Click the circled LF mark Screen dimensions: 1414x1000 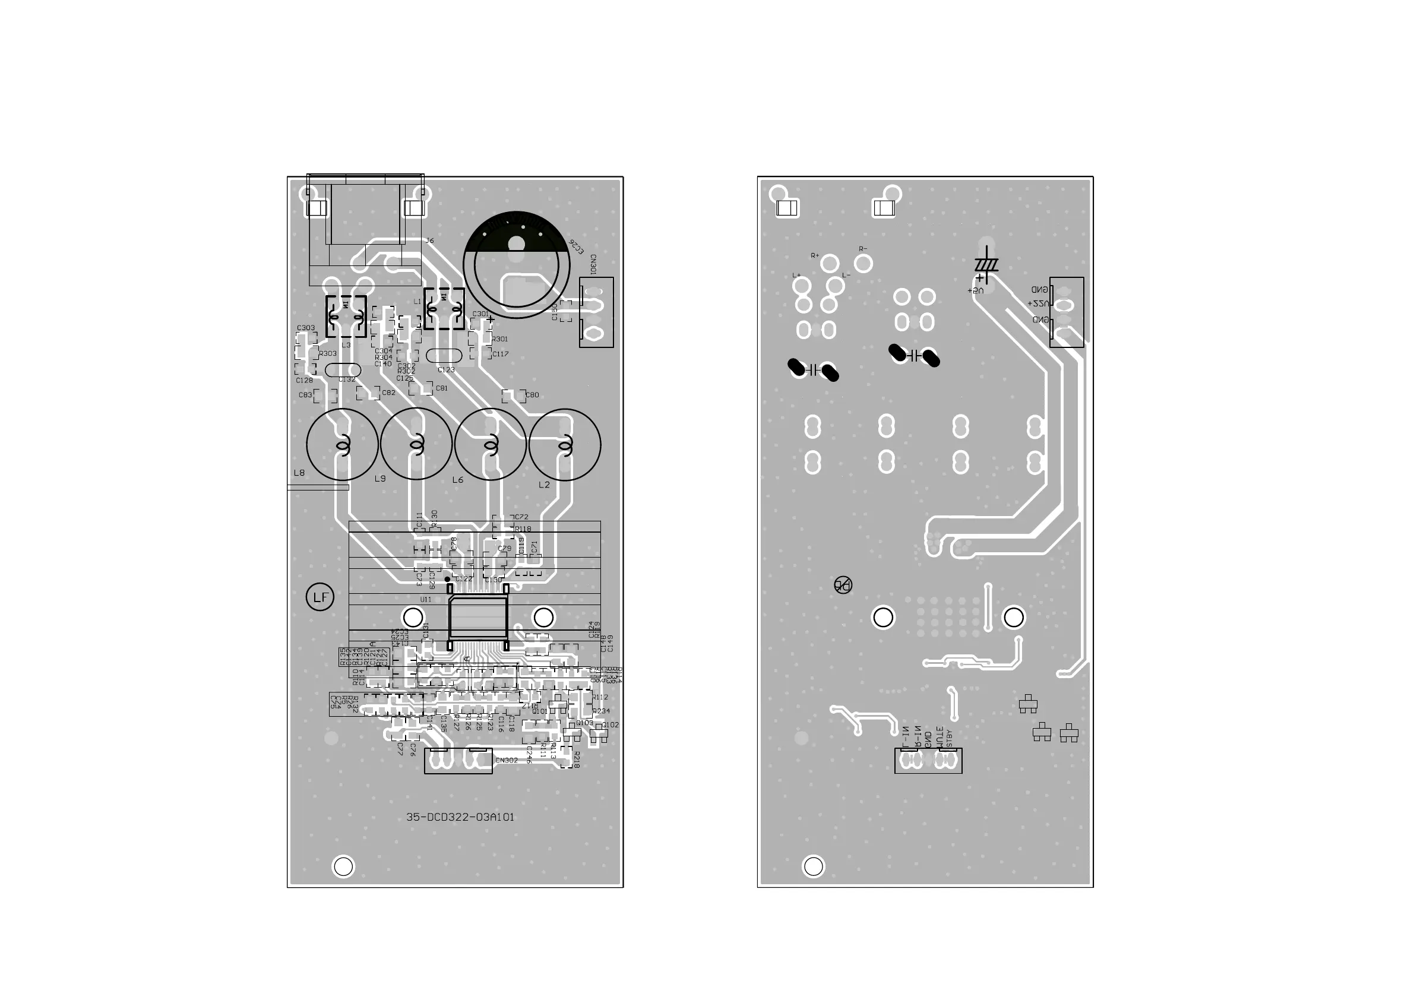pyautogui.click(x=320, y=597)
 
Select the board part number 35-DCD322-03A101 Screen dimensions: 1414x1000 pyautogui.click(x=460, y=817)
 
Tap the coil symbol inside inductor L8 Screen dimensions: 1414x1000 pyautogui.click(x=343, y=445)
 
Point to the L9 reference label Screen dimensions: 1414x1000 pyautogui.click(x=380, y=479)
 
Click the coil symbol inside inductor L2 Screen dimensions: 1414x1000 pyautogui.click(x=565, y=445)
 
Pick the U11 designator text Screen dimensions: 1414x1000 pyautogui.click(x=426, y=599)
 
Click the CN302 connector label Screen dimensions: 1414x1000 pyautogui.click(x=506, y=761)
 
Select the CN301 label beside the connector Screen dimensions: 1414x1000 pyautogui.click(x=593, y=264)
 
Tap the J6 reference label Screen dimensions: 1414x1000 pyautogui.click(x=429, y=240)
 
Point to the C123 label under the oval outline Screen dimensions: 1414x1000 pyautogui.click(x=446, y=370)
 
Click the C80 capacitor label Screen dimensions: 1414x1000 pyautogui.click(x=532, y=395)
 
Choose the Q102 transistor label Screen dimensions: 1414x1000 pyautogui.click(x=611, y=724)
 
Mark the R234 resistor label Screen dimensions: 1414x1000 pyautogui.click(x=602, y=711)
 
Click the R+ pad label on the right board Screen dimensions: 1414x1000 pyautogui.click(x=815, y=255)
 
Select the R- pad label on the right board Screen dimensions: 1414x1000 pyautogui.click(x=863, y=249)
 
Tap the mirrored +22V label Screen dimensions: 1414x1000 pyautogui.click(x=1037, y=304)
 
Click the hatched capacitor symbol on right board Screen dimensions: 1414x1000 pyautogui.click(x=986, y=264)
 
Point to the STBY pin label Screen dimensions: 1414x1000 pyautogui.click(x=949, y=739)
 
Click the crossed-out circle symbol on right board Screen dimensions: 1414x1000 pyautogui.click(x=843, y=585)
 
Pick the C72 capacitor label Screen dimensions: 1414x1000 pyautogui.click(x=521, y=517)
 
